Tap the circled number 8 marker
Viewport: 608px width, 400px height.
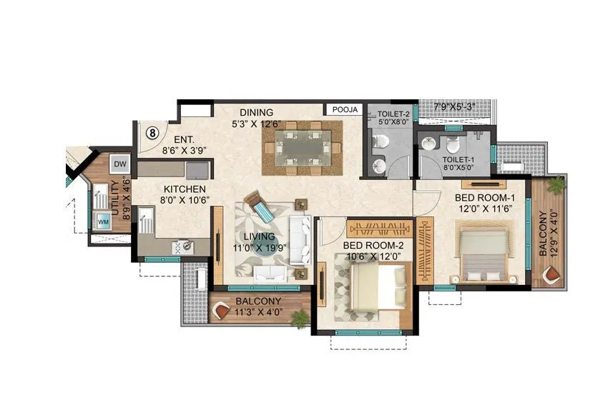pos(152,133)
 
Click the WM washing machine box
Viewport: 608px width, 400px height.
pos(104,223)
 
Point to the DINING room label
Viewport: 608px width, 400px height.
pos(256,112)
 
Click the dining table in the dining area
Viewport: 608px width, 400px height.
pos(301,148)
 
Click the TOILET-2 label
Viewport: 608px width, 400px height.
pos(393,114)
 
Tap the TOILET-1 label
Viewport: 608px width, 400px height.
pos(459,161)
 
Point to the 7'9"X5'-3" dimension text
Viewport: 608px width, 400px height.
pos(454,107)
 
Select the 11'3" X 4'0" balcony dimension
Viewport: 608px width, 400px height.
pos(258,312)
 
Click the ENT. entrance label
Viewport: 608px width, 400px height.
pos(175,140)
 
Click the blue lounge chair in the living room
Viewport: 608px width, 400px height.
pos(260,207)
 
